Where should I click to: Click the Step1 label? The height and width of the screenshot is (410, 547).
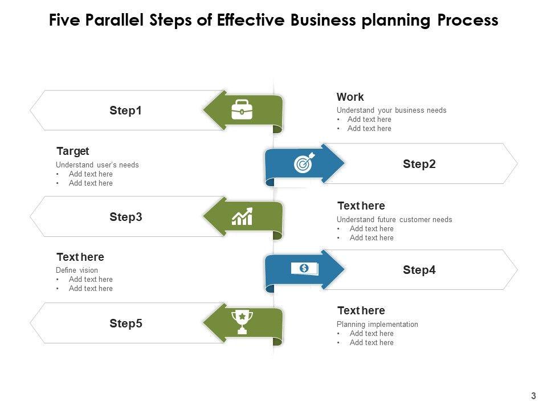point(125,110)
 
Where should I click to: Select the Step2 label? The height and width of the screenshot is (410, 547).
point(419,164)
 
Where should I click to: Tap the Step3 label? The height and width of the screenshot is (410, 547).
point(125,217)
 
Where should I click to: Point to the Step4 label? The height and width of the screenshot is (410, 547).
point(419,270)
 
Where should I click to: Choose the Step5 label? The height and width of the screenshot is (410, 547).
point(125,323)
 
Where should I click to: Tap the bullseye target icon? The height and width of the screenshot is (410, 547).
point(303,164)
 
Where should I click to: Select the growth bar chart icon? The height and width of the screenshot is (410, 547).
point(242,216)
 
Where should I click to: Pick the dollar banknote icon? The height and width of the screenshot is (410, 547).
point(304,268)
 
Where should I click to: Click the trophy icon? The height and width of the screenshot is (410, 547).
point(242,322)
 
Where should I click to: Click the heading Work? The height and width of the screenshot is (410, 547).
point(350,97)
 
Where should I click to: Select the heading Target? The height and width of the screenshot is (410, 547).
point(72,151)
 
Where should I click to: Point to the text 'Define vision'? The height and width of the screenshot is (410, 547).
point(77,270)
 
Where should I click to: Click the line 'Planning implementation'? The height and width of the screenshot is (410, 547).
point(377,324)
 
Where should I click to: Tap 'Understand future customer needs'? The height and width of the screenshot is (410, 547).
point(394,219)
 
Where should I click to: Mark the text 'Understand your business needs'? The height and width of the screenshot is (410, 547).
point(391,110)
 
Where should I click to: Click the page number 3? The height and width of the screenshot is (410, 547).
point(533,396)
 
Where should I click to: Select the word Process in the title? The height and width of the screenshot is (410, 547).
point(468,20)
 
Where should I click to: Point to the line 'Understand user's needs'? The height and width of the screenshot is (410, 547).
point(97,165)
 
